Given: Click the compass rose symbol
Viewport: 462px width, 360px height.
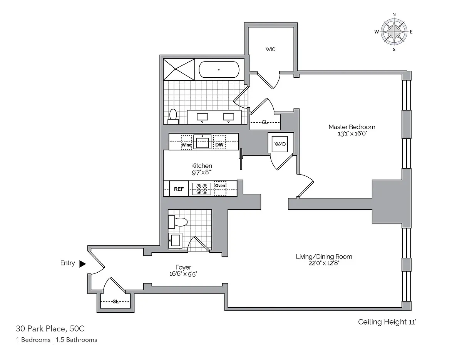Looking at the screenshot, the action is (x=394, y=32).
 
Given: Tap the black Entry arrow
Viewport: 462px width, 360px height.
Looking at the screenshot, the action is (x=82, y=264).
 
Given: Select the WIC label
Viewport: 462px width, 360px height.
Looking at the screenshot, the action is (x=270, y=49).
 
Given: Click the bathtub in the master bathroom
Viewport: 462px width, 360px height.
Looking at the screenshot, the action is (x=219, y=70).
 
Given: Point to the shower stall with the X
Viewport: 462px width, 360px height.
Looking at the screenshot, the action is (x=179, y=70).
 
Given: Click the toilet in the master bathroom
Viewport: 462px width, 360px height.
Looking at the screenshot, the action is (x=173, y=117).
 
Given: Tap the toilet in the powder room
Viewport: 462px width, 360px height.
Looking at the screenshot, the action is (x=178, y=222).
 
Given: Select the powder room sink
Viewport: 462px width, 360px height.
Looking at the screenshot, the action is (x=175, y=240).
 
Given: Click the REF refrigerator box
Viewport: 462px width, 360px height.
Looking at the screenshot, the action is (x=179, y=189).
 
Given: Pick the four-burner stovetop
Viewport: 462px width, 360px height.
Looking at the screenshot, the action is (x=202, y=189).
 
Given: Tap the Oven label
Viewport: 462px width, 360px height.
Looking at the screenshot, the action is (x=220, y=186).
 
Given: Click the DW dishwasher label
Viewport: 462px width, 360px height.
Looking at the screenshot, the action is (x=219, y=145).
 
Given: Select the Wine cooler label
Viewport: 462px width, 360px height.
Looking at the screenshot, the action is (x=186, y=145).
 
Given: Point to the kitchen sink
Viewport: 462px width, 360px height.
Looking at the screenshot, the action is (x=202, y=142).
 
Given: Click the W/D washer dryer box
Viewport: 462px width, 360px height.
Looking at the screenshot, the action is (x=280, y=144).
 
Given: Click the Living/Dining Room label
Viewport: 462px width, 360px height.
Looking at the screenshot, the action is (x=324, y=257).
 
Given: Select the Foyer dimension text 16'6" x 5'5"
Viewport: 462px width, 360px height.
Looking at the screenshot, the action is (x=183, y=274).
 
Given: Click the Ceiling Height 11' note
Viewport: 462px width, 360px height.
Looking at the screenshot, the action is (x=387, y=322).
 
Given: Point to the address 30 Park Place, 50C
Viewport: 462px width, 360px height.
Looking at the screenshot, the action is (x=50, y=328).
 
